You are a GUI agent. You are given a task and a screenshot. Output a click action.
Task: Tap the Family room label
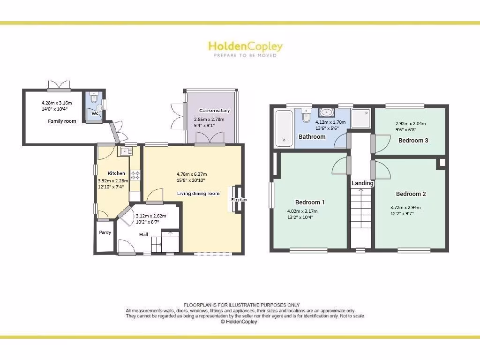pyautogui.click(x=62, y=121)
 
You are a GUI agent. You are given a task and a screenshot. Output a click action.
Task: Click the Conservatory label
pyautogui.click(x=214, y=111)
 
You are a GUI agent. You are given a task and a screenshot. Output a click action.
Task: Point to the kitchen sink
pyautogui.click(x=126, y=151)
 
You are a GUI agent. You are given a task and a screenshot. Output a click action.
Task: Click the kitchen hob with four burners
pyautogui.click(x=135, y=175)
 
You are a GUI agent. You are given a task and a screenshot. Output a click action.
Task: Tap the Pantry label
pyautogui.click(x=105, y=232)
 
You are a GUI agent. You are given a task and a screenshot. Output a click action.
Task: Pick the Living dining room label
pyautogui.click(x=198, y=194)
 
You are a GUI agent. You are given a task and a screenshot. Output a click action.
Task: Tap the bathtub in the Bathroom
pyautogui.click(x=284, y=128)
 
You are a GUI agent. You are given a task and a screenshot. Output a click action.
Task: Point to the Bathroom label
pyautogui.click(x=312, y=137)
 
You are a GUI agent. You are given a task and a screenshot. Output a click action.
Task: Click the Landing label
pyautogui.click(x=362, y=183)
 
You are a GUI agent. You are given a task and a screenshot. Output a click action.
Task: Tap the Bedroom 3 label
pyautogui.click(x=413, y=140)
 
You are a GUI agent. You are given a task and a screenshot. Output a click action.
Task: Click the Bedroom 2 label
pyautogui.click(x=411, y=194)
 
